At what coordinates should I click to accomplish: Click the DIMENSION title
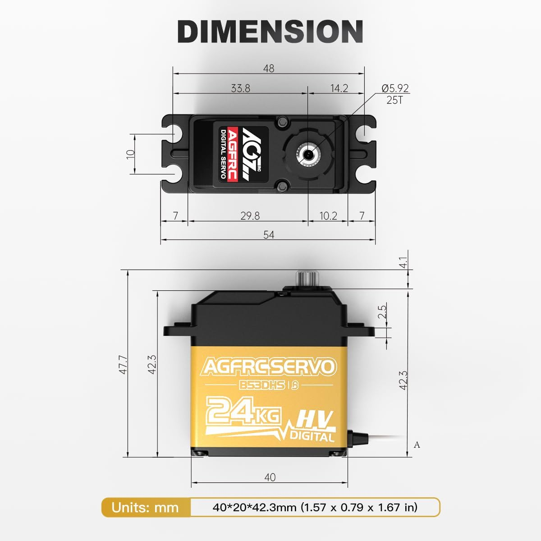click(270, 31)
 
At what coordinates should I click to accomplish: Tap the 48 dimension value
click(269, 69)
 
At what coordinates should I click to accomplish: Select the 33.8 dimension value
click(240, 88)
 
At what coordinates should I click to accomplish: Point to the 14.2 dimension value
click(339, 88)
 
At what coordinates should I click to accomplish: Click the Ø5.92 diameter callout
click(395, 88)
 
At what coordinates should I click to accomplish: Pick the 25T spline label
click(394, 100)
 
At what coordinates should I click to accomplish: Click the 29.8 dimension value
click(250, 216)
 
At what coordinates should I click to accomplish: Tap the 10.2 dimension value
click(328, 216)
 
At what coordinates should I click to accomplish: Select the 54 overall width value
click(269, 235)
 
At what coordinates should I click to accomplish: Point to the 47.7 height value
click(123, 364)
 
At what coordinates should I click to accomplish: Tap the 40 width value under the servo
click(270, 477)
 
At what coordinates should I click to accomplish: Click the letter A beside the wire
click(417, 445)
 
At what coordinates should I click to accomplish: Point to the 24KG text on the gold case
click(243, 411)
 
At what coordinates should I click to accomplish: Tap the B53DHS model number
click(261, 385)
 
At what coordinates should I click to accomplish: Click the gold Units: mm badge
click(145, 508)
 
